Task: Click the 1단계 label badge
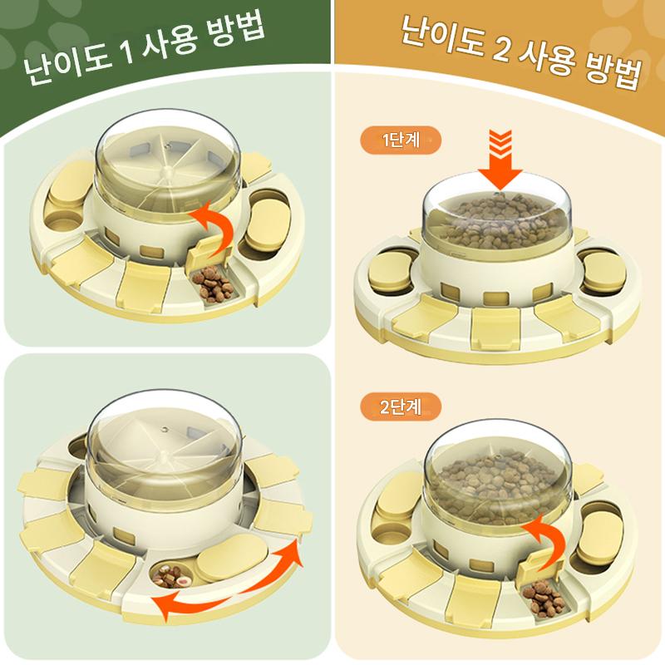click(x=401, y=140)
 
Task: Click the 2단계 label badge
click(x=401, y=406)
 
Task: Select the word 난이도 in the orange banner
click(x=442, y=34)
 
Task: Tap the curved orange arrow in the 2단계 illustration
click(x=546, y=541)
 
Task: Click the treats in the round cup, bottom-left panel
click(x=172, y=575)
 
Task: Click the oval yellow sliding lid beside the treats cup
click(x=233, y=556)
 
